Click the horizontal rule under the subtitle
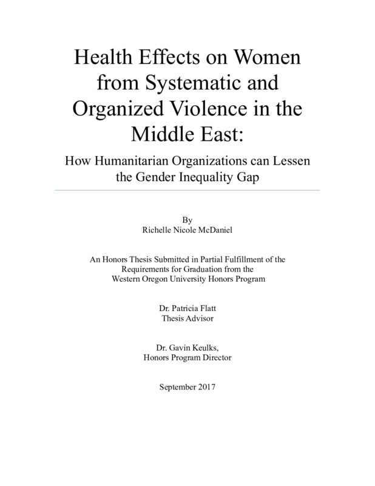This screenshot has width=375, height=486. click(187, 190)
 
